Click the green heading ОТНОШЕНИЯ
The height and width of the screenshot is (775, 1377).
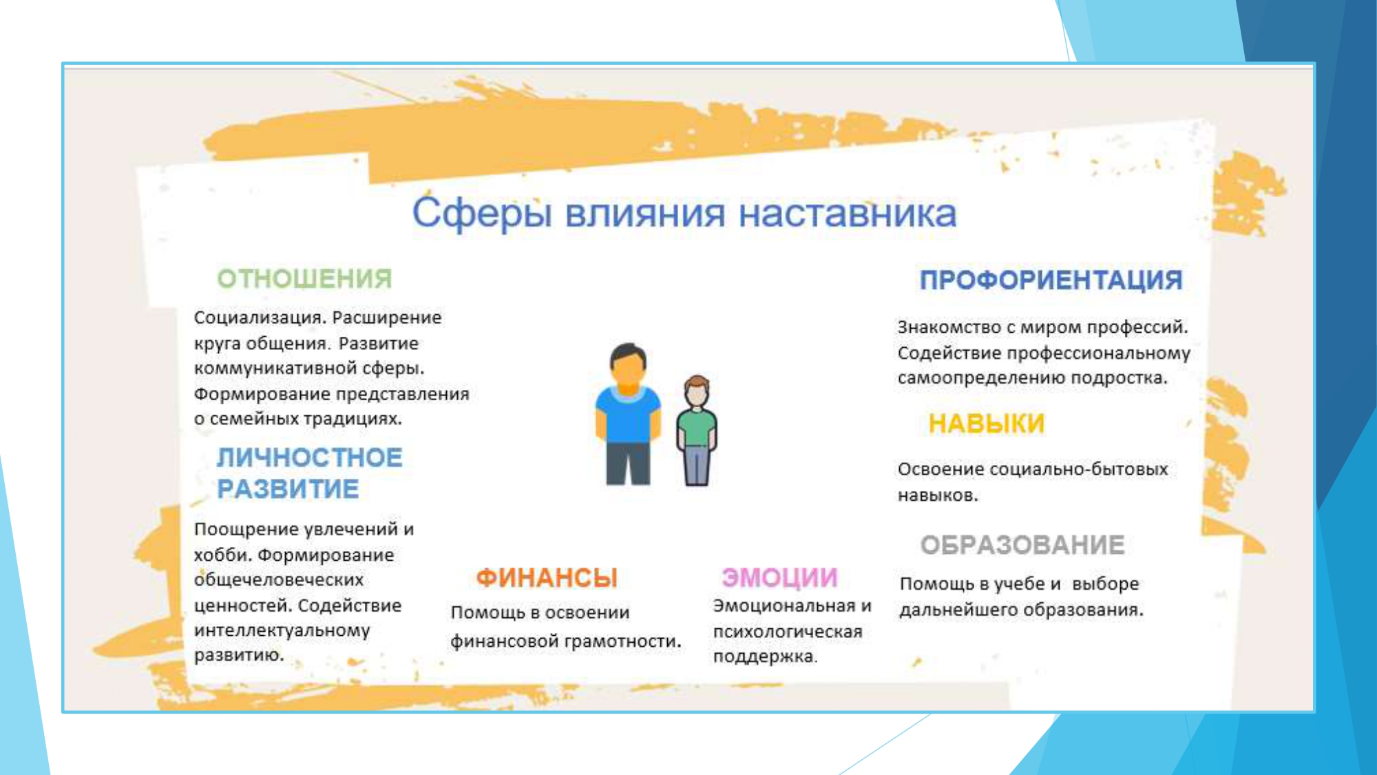pos(304,279)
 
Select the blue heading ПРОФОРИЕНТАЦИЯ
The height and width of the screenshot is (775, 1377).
pos(1051,280)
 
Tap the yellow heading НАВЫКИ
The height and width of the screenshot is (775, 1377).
pos(987,424)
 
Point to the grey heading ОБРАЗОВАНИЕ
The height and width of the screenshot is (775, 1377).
pos(1022,545)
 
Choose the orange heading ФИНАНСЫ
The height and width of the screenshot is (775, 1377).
pos(547,578)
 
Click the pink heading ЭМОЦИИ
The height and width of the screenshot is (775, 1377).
pos(779,577)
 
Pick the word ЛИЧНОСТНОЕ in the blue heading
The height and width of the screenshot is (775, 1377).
pos(309,458)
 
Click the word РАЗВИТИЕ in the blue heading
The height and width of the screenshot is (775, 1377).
pos(288,489)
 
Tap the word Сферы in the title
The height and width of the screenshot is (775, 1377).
pos(482,214)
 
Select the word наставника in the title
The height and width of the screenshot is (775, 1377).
pos(848,214)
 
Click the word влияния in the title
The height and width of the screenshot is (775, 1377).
pos(645,214)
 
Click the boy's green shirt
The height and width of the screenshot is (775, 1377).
pos(697,427)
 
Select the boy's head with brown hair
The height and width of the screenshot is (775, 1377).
pos(697,391)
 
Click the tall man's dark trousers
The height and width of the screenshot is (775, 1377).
pos(628,464)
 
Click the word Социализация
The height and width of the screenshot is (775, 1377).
pos(258,318)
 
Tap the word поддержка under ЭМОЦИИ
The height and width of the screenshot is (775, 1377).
pos(765,657)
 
